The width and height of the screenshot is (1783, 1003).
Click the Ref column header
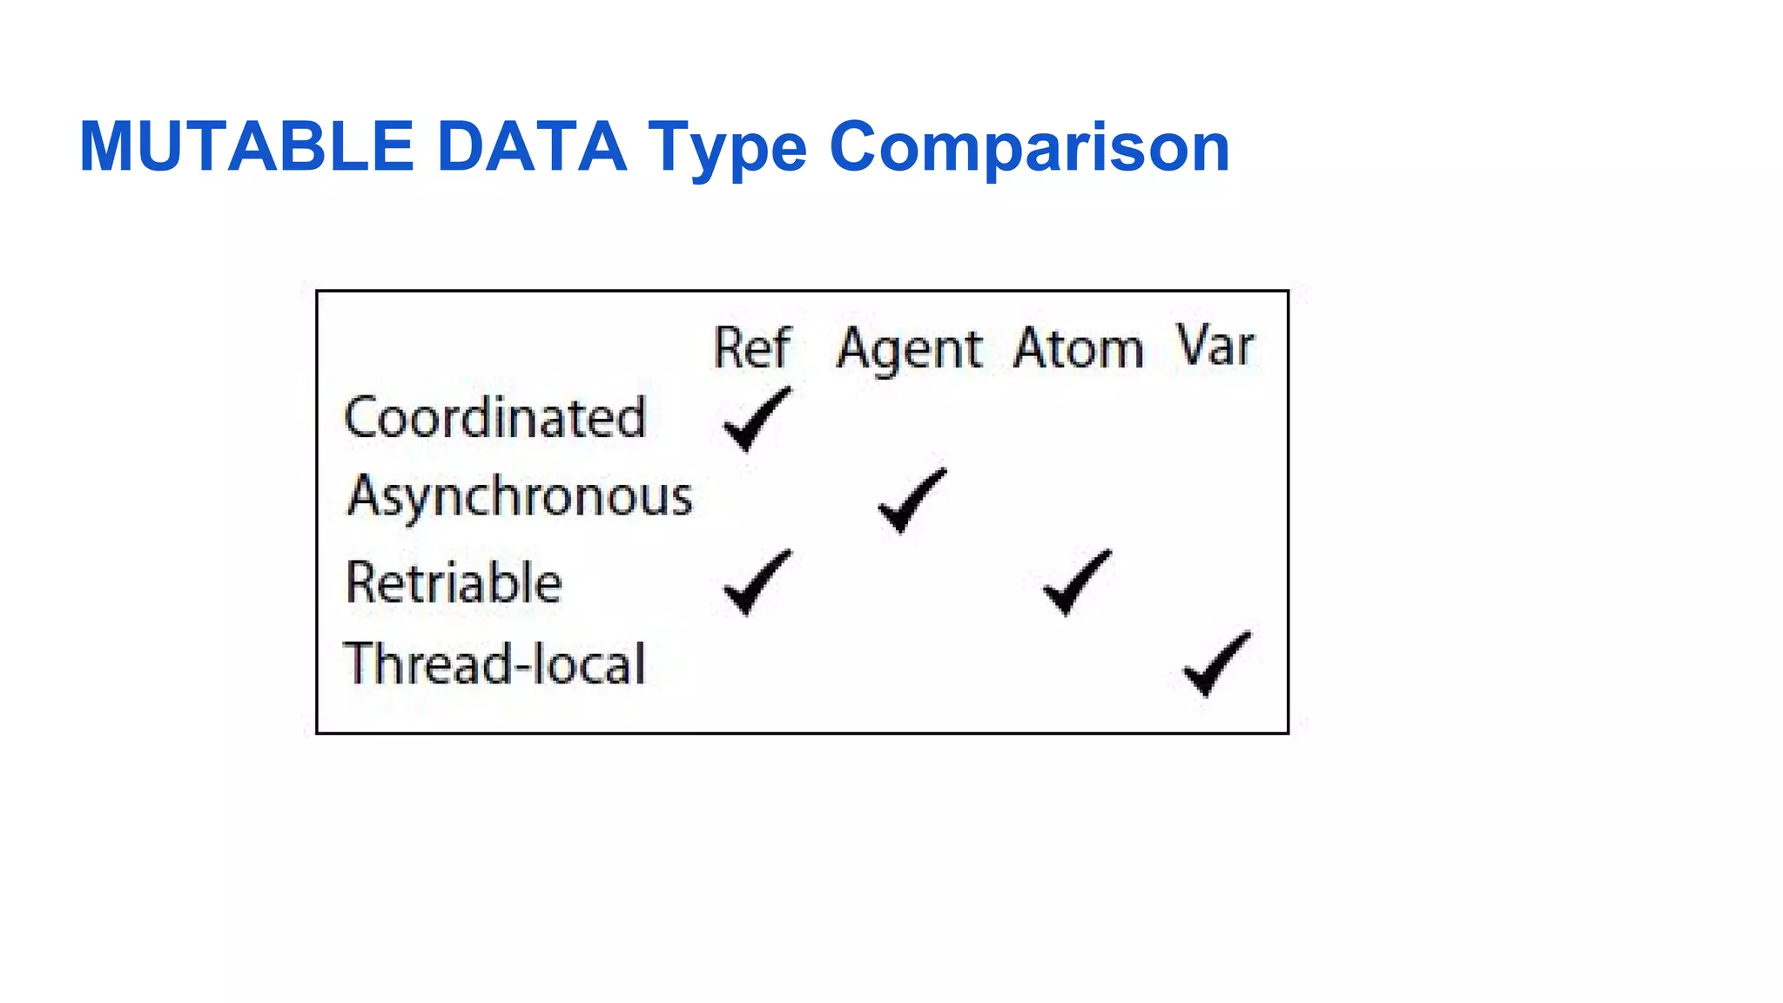click(x=752, y=348)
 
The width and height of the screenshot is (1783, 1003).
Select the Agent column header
click(x=909, y=350)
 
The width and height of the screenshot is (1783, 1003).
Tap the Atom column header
click(x=1078, y=348)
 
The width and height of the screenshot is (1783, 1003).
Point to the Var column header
click(x=1215, y=347)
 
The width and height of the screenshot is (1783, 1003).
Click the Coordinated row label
click(x=495, y=418)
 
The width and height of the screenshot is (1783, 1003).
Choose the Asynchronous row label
click(x=520, y=497)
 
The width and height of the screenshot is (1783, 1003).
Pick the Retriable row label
click(x=454, y=582)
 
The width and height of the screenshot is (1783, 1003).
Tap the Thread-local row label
click(x=495, y=664)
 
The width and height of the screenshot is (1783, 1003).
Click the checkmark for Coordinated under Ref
click(x=756, y=419)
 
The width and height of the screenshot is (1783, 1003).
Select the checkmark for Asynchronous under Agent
click(x=911, y=500)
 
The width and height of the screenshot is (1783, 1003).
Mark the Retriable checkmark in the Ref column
click(x=756, y=582)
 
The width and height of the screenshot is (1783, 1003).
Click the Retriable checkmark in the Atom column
click(x=1076, y=582)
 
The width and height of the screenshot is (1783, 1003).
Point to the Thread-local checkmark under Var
click(x=1215, y=663)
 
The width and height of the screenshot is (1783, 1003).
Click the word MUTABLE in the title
click(x=246, y=146)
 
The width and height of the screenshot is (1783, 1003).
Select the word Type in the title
click(x=727, y=148)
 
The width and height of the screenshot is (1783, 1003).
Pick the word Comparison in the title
click(x=1029, y=148)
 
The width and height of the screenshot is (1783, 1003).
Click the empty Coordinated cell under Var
click(x=1215, y=419)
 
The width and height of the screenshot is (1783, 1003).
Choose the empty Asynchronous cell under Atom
click(x=1078, y=500)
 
